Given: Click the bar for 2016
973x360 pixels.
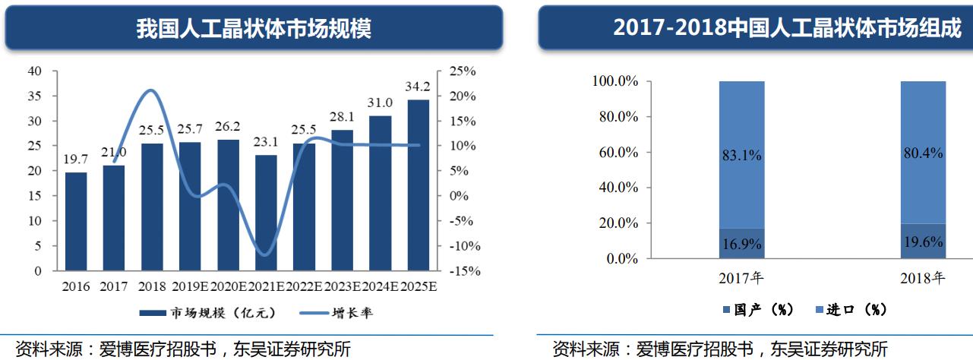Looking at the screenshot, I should pyautogui.click(x=76, y=221).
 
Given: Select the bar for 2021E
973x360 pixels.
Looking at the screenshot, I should pyautogui.click(x=266, y=213).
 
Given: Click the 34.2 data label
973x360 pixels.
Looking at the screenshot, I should pyautogui.click(x=418, y=87).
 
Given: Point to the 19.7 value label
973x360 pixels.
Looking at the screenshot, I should pyautogui.click(x=76, y=159).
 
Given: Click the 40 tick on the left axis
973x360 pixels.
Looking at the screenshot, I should pyautogui.click(x=34, y=71).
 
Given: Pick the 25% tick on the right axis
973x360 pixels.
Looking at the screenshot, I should pyautogui.click(x=463, y=71).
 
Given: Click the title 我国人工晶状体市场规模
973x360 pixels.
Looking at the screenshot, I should pyautogui.click(x=254, y=29).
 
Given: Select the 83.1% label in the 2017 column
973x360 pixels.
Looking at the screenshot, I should pyautogui.click(x=742, y=156).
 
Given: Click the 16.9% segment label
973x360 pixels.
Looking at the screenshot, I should pyautogui.click(x=742, y=244).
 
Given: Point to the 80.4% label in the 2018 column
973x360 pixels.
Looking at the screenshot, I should pyautogui.click(x=924, y=153).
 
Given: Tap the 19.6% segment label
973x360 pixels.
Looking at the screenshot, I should pyautogui.click(x=924, y=242).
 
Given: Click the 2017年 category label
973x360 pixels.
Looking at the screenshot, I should pyautogui.click(x=742, y=278).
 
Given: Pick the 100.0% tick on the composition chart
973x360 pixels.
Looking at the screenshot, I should pyautogui.click(x=615, y=81).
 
